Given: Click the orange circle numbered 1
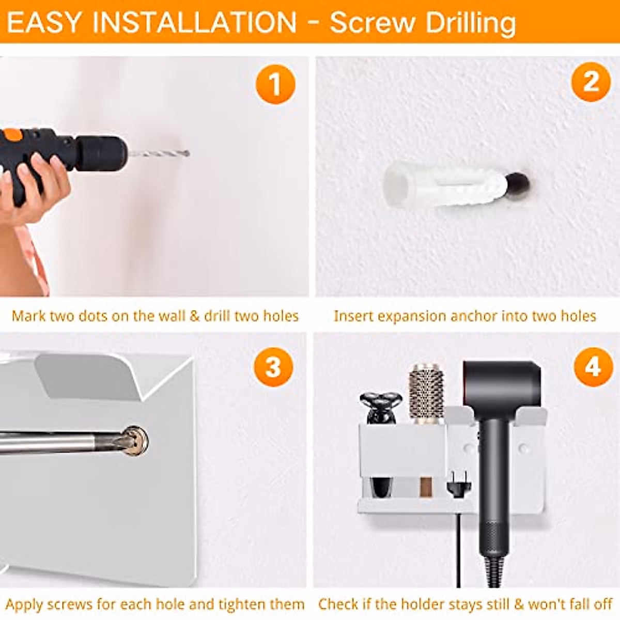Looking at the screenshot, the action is [x=275, y=84].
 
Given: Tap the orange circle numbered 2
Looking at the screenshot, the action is [x=591, y=82].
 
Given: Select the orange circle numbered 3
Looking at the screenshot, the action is [x=273, y=367].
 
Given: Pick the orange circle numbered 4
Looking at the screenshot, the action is [x=594, y=367].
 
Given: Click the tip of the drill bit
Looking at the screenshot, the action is [x=189, y=153].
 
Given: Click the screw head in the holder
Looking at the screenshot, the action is [x=136, y=440].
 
